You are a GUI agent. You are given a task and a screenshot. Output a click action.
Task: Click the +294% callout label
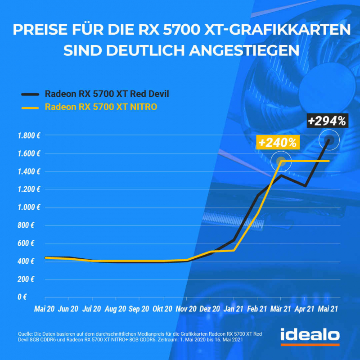coord(327,121)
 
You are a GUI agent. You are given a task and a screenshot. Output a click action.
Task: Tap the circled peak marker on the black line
coord(329,140)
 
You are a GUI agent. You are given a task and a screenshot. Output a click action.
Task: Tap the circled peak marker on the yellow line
coord(281,161)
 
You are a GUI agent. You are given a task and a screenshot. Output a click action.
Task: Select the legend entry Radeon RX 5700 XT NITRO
coord(101,107)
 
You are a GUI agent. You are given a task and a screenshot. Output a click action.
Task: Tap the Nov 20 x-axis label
coord(186,309)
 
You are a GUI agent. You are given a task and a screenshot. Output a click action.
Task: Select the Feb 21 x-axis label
coord(257,309)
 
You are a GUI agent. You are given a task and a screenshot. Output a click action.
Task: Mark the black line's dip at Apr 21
coord(305,185)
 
